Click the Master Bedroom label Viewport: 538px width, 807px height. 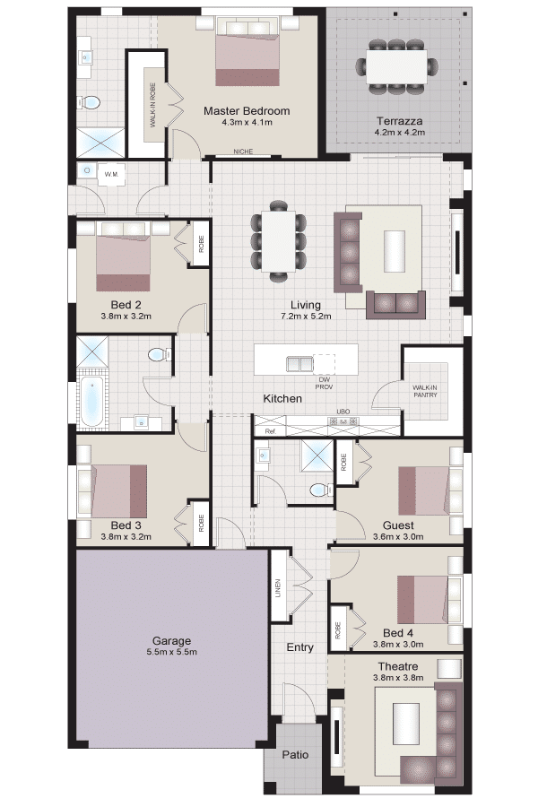pos(247,110)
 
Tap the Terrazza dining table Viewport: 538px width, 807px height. pos(396,65)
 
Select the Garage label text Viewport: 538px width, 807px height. pos(171,641)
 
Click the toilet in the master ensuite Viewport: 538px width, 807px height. pos(90,103)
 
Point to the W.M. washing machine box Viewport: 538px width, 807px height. pos(112,174)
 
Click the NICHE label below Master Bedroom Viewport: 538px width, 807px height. pos(243,152)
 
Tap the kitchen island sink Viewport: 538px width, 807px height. pos(299,363)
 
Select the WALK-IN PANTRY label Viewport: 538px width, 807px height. pos(425,391)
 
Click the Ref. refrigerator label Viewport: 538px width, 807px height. pos(270,431)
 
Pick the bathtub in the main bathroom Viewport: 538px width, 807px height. pos(92,400)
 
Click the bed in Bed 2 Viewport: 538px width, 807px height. pos(124,257)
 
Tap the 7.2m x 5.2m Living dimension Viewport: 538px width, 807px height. pos(306,316)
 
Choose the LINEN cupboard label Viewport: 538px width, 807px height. pos(278,587)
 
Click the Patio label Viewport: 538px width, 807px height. pos(296,754)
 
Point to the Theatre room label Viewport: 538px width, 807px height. pos(398,666)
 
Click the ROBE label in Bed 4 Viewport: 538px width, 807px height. pos(338,630)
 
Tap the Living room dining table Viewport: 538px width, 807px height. pos(279,241)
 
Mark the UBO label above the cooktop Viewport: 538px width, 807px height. pos(343,412)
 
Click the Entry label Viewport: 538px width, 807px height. pos(300,647)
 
